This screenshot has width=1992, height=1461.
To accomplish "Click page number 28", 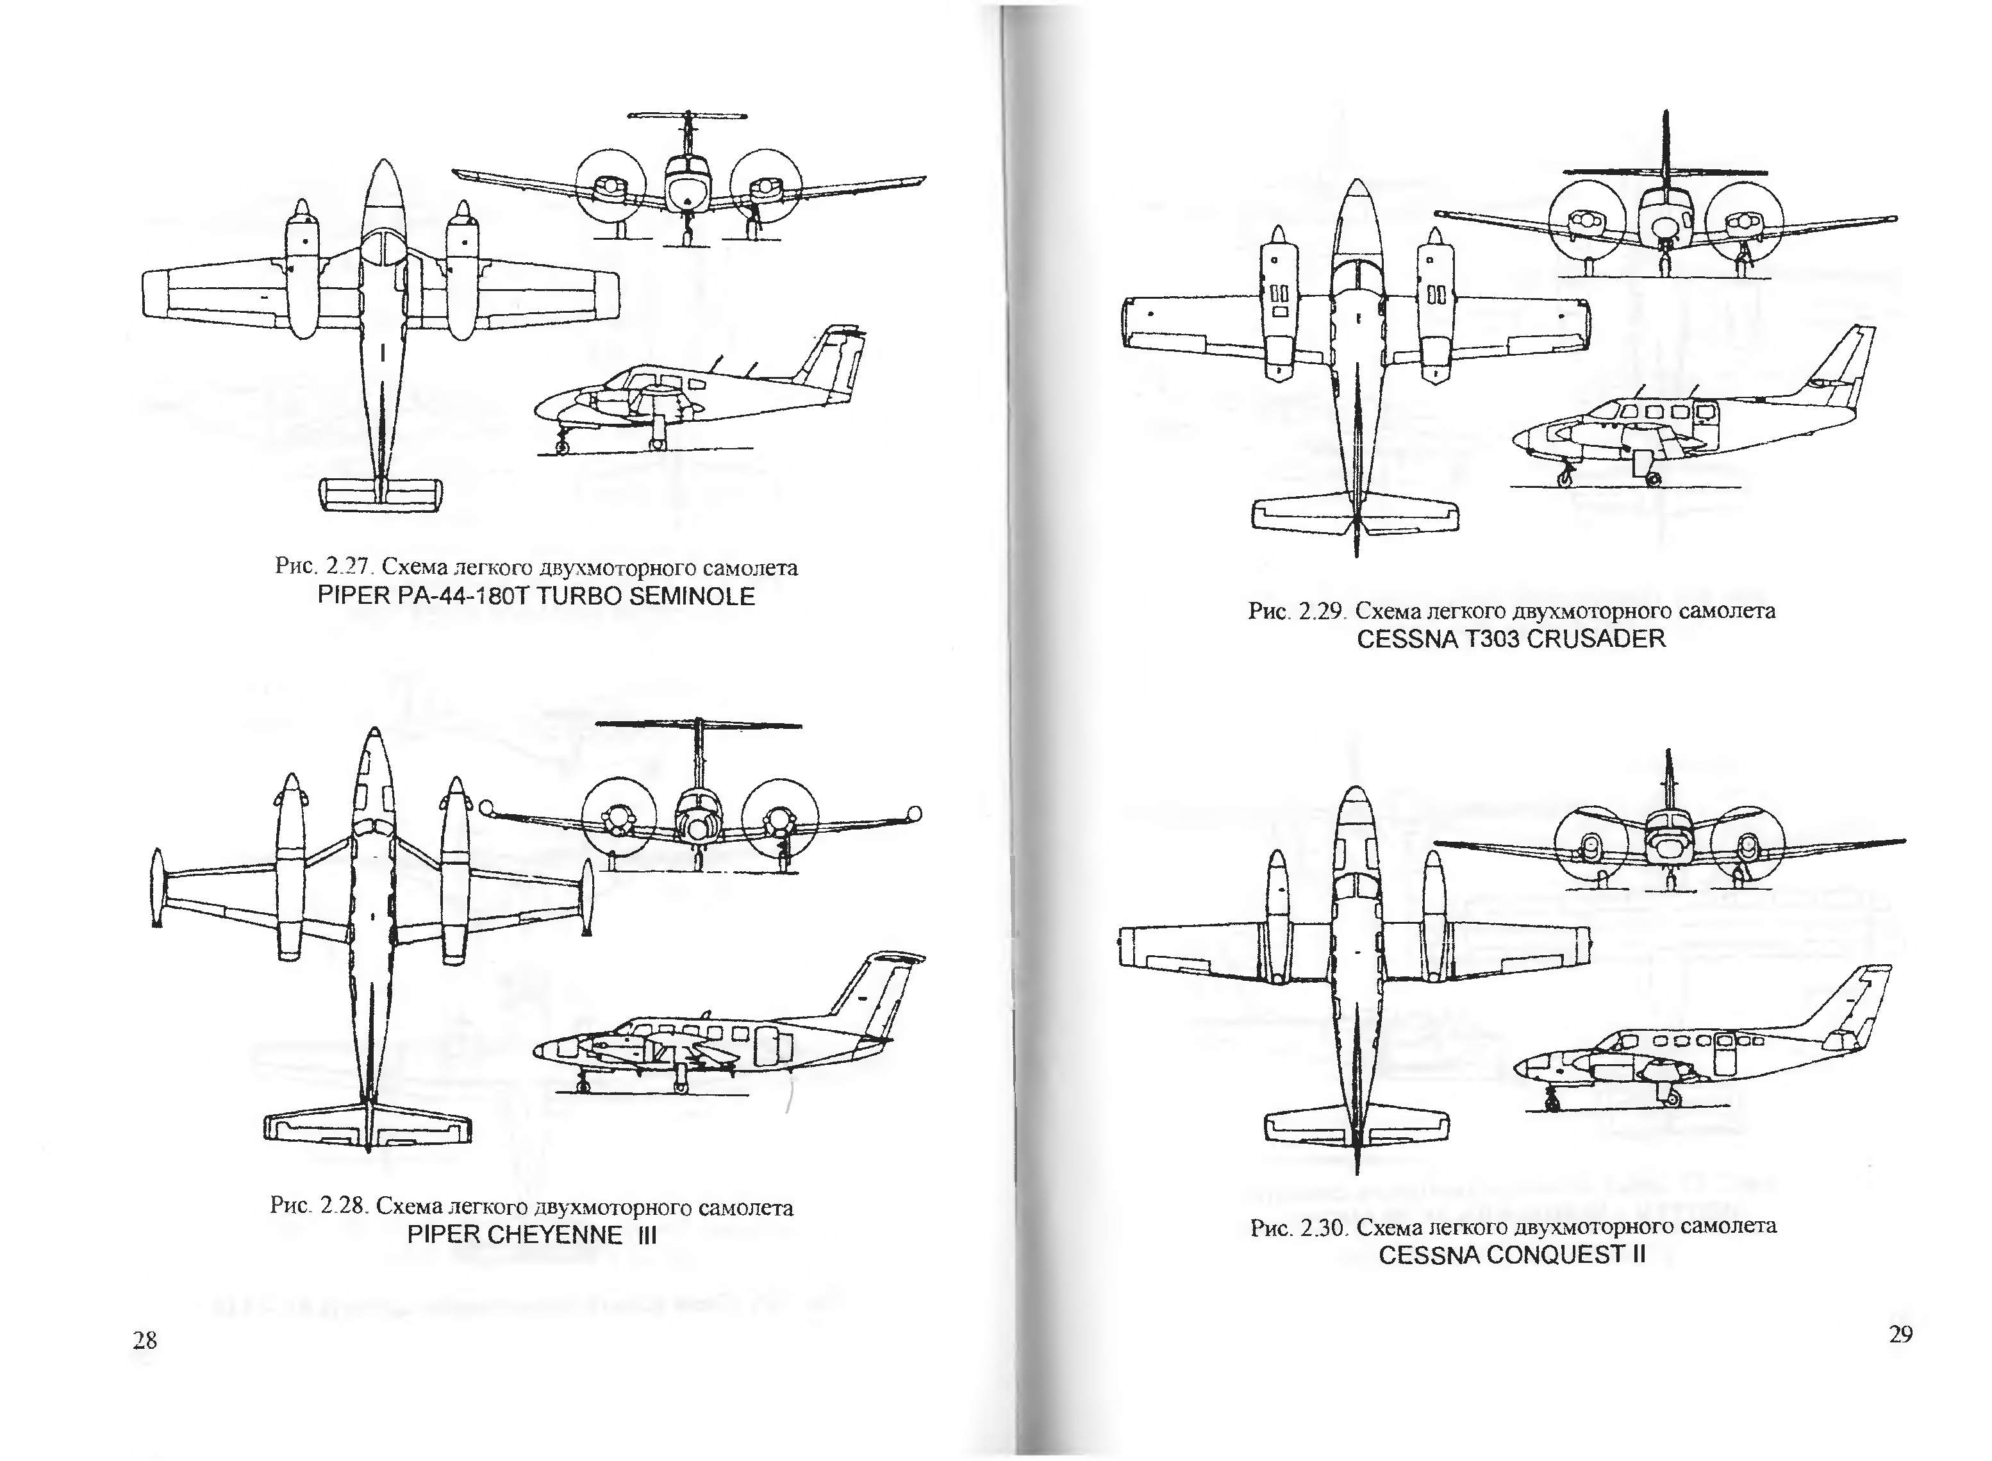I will pos(145,1340).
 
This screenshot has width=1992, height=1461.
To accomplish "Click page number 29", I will pos(1900,1335).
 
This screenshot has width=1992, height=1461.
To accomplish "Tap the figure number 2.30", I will pos(1323,1228).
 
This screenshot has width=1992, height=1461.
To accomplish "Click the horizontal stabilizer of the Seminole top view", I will pos(380,494).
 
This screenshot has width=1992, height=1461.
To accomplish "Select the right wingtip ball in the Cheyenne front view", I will pos(915,813).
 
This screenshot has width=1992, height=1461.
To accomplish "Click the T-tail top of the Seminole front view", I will pos(688,116).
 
